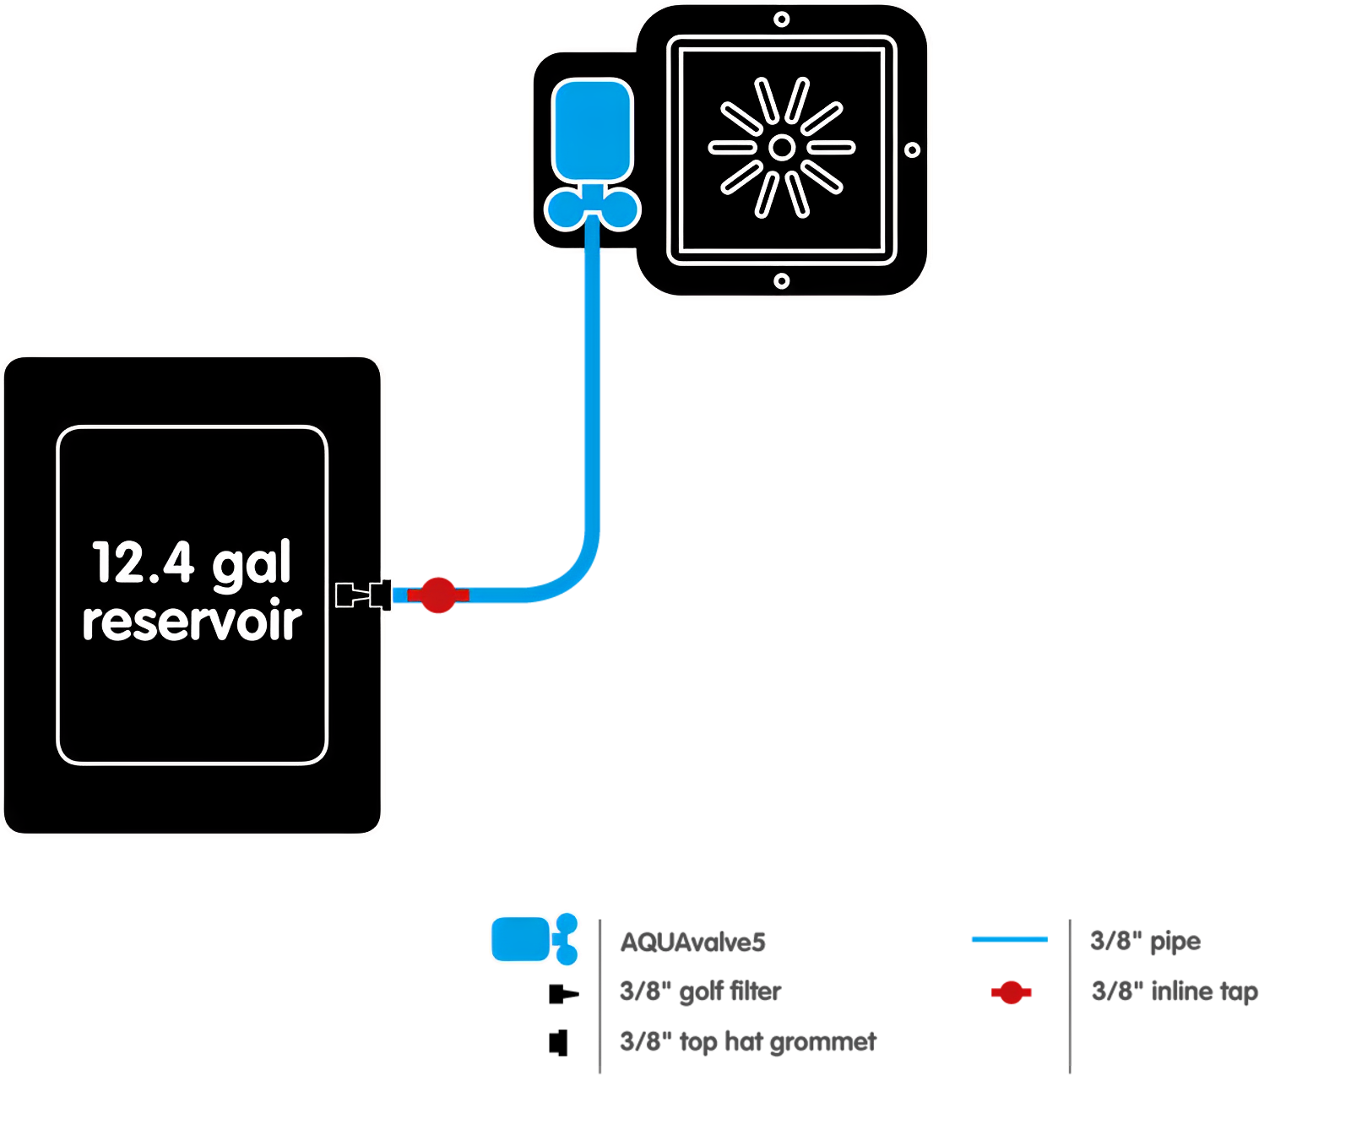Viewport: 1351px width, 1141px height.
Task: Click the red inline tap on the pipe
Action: (438, 595)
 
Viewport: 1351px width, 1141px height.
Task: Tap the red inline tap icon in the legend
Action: (1011, 992)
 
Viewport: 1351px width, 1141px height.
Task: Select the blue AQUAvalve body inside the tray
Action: (592, 129)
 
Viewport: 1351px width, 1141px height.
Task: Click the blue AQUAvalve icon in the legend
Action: (521, 939)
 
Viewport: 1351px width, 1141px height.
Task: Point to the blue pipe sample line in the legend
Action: (1009, 939)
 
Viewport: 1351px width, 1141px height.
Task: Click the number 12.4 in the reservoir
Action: (143, 563)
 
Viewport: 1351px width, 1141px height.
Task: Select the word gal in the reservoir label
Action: (251, 564)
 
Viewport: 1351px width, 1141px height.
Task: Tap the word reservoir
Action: (192, 622)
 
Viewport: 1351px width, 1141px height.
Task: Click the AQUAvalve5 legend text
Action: (692, 942)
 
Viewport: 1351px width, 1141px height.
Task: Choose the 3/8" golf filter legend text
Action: (700, 992)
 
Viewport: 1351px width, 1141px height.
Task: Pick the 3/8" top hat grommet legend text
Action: (747, 1042)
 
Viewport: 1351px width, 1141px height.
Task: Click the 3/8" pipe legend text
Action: (1144, 941)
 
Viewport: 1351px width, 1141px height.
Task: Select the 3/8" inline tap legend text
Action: (1174, 992)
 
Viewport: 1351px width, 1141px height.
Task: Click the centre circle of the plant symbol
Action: (782, 148)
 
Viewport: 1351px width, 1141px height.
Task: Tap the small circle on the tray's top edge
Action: (782, 19)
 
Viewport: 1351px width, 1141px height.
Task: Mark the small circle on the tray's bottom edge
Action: (782, 281)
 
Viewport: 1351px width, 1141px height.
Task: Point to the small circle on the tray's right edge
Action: (912, 150)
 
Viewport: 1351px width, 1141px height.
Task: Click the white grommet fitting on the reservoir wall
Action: (365, 595)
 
